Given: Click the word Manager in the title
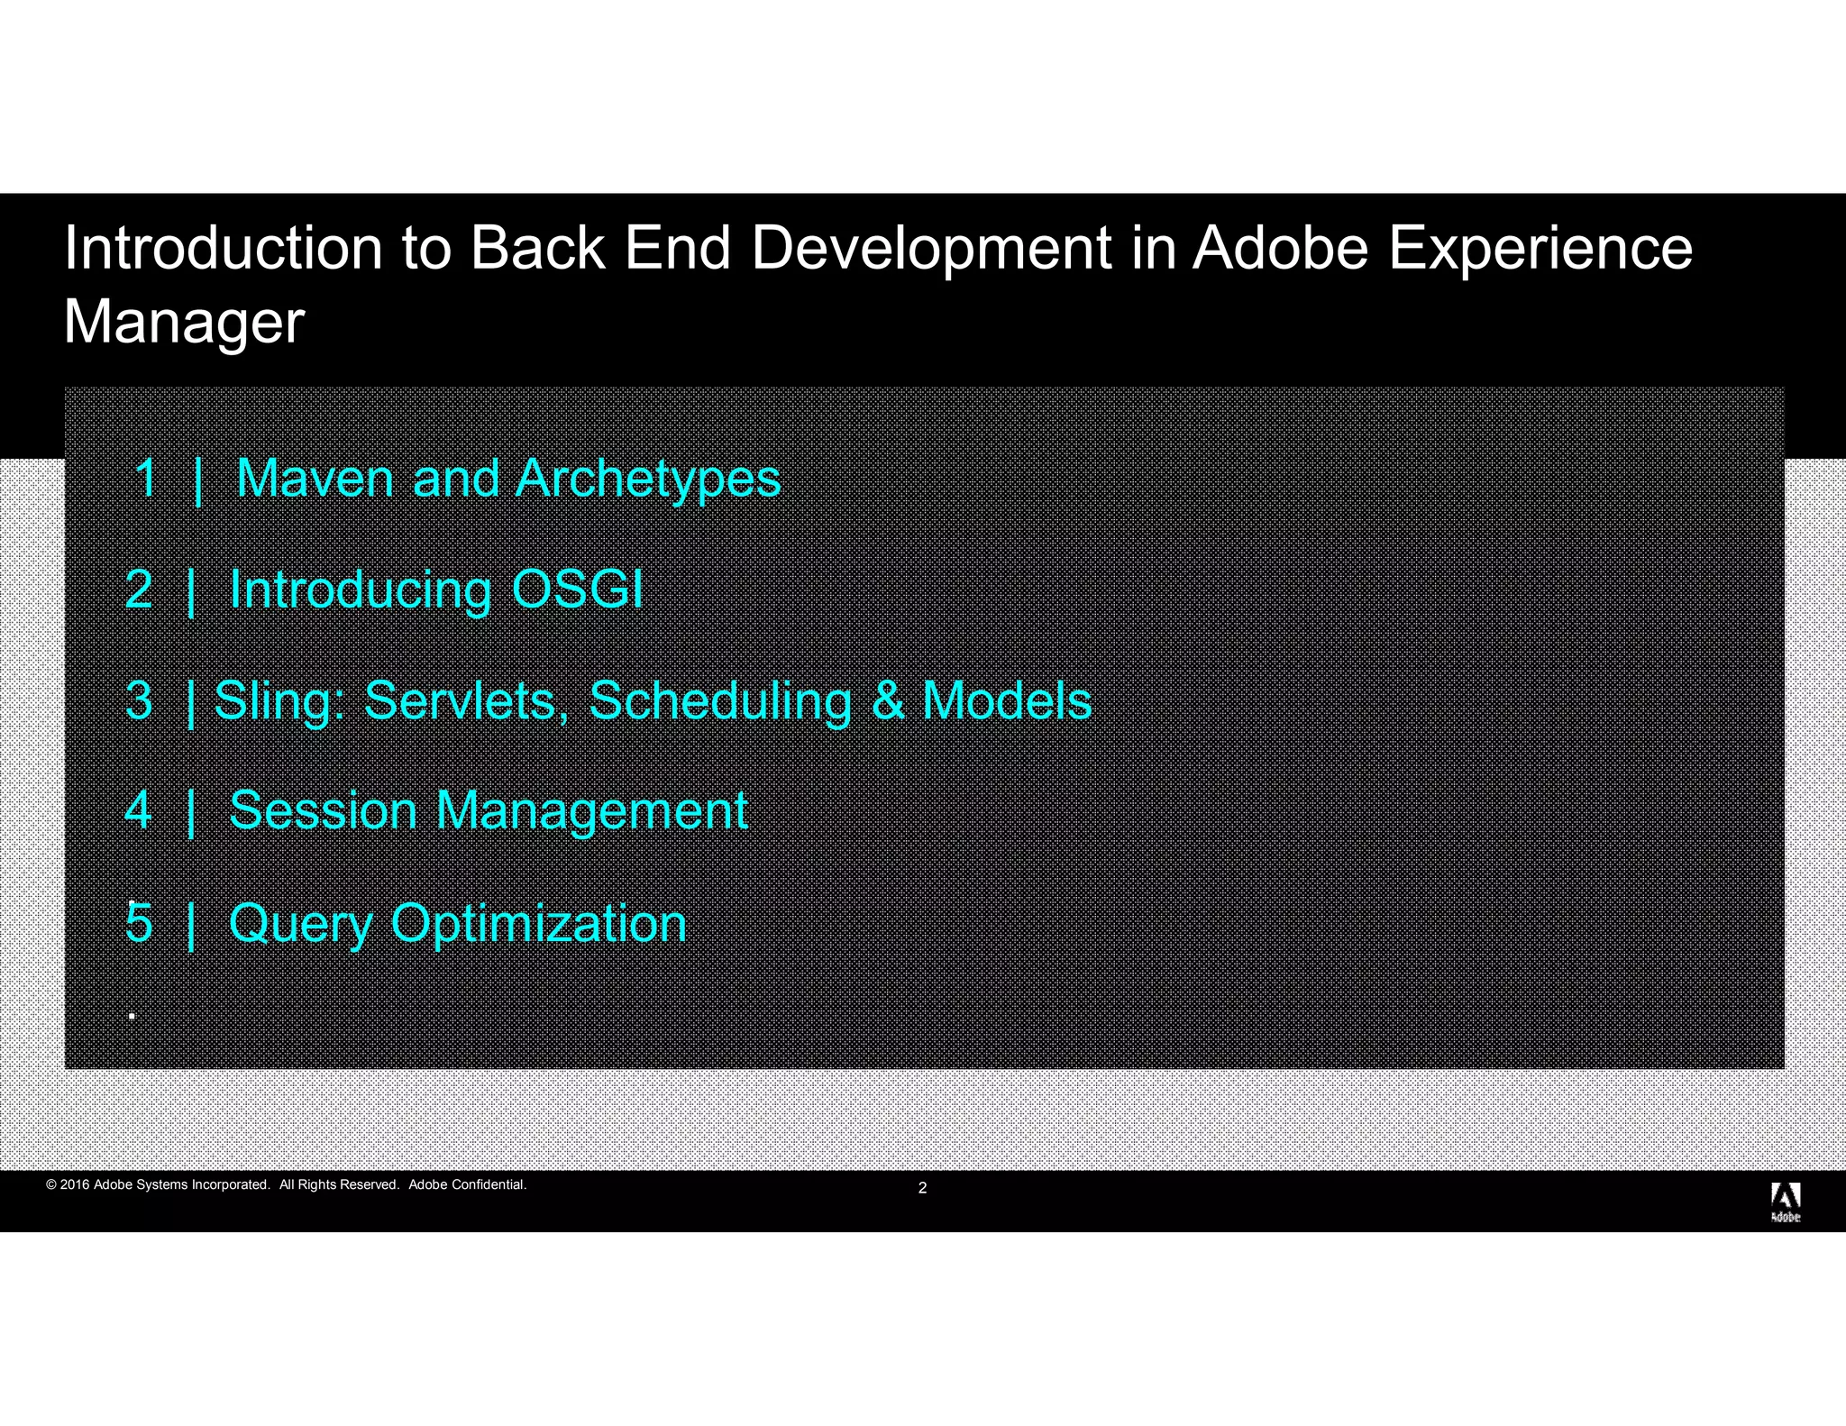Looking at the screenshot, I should (184, 323).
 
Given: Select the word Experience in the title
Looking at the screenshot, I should (1540, 248).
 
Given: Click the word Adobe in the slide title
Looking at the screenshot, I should (1281, 248).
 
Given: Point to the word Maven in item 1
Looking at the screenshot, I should (315, 478).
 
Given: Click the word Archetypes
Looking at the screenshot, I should (647, 480).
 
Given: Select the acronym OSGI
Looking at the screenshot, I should (577, 590).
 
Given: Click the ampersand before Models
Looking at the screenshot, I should (887, 701).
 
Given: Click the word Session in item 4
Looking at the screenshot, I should (323, 810).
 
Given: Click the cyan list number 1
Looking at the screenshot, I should (146, 478).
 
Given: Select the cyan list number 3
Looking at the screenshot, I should (139, 701).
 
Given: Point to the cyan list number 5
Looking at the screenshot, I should (139, 923).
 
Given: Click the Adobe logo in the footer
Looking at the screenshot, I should (1785, 1202).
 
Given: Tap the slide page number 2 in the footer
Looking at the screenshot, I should (922, 1188).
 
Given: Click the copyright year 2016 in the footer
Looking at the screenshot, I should (75, 1184).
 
